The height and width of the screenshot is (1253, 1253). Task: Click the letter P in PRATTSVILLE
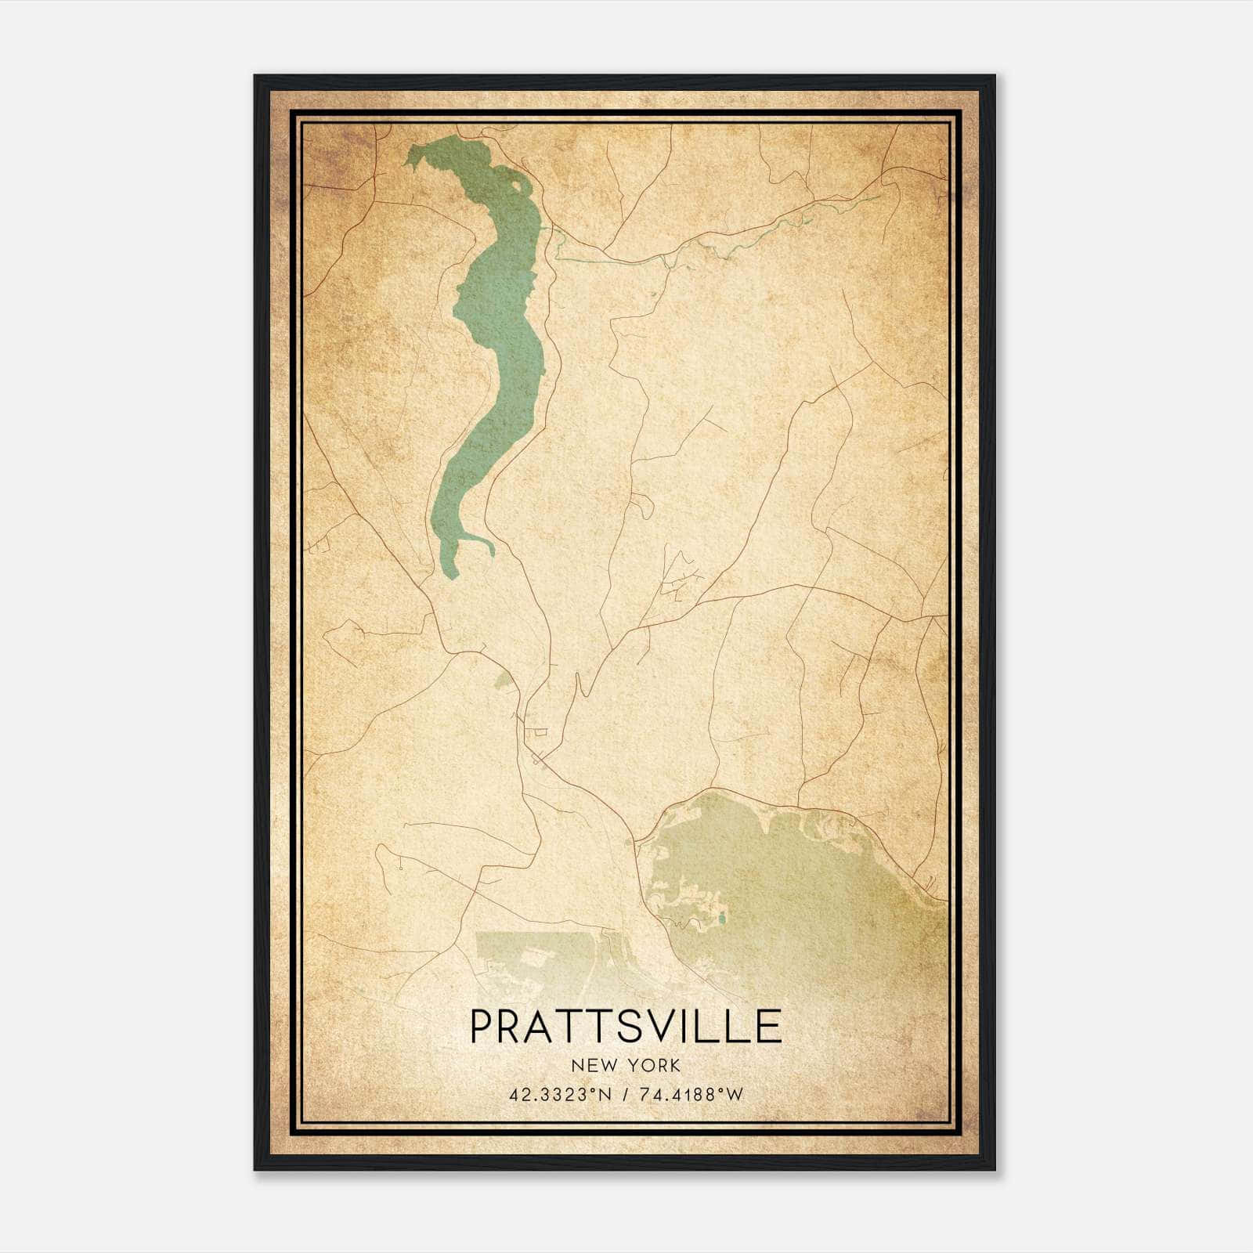click(x=483, y=1027)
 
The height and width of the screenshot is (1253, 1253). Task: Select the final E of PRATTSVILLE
click(x=768, y=1027)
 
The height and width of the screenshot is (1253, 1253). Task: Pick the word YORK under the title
click(x=652, y=1066)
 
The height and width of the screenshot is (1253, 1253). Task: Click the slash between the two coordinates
click(x=623, y=1095)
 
